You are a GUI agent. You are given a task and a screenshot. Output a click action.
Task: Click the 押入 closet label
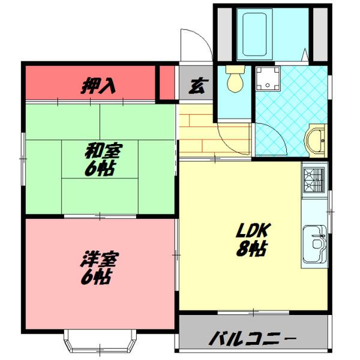[x=98, y=86]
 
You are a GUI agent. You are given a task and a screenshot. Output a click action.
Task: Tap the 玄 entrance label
[x=199, y=86]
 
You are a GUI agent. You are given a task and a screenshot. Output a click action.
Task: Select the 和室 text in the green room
[x=104, y=151]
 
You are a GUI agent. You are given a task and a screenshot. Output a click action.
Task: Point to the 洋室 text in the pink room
[x=100, y=259]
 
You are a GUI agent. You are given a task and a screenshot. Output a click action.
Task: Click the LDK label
[x=254, y=230]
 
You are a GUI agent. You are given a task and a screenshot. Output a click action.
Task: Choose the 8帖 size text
[x=251, y=248]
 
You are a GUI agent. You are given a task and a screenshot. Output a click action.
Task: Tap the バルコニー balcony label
[x=253, y=339]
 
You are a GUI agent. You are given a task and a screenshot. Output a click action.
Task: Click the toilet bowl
[x=235, y=79]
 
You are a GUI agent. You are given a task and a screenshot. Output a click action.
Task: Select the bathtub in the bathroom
[x=254, y=34]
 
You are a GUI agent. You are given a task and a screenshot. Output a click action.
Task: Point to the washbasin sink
[x=316, y=141]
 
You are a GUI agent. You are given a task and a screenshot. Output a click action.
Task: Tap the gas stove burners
[x=314, y=180]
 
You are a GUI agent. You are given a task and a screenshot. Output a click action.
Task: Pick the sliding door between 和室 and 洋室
[x=100, y=216]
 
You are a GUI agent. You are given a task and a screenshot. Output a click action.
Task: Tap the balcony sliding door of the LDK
[x=253, y=312]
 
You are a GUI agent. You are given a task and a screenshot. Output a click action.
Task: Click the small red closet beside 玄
[x=167, y=83]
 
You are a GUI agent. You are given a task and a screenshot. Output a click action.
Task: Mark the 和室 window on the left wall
[x=23, y=159]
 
